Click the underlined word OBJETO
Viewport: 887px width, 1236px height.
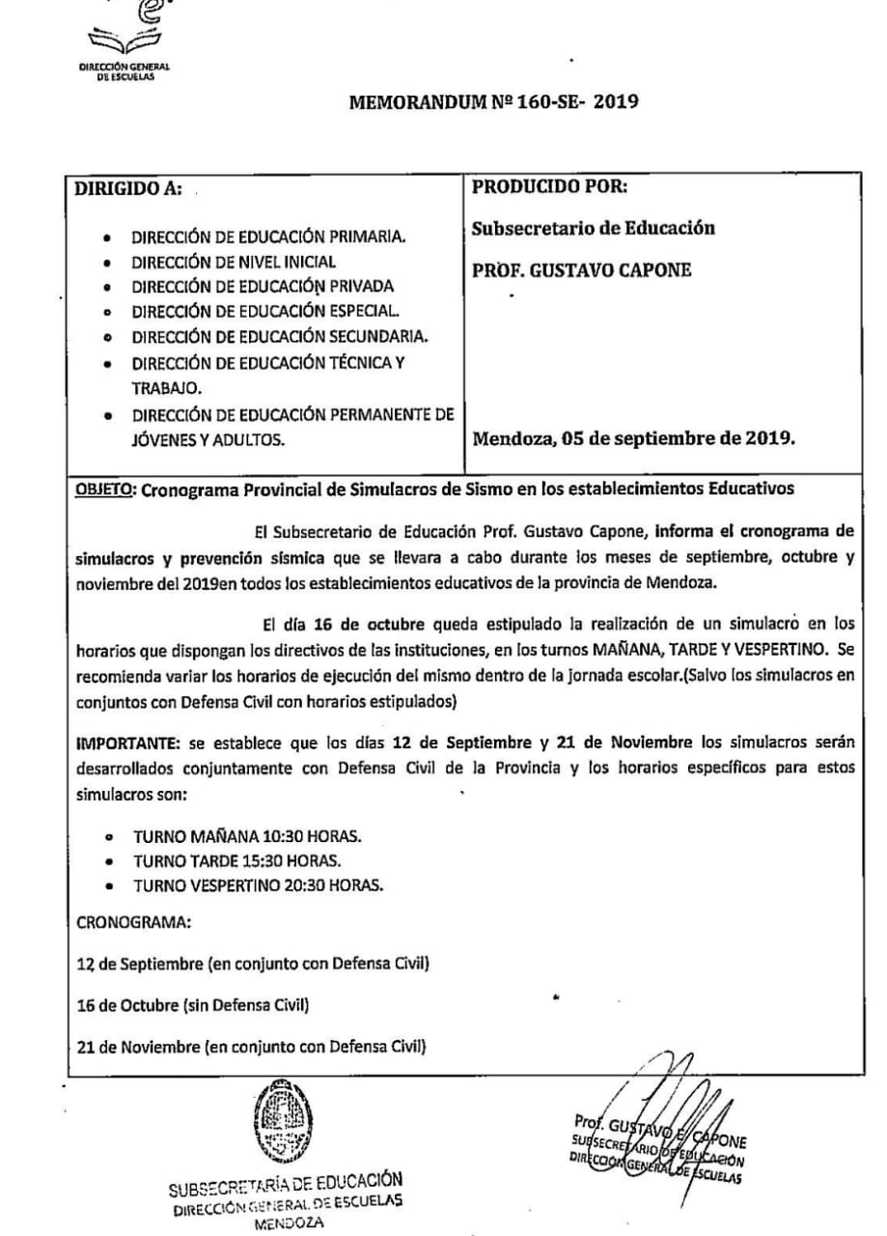(105, 489)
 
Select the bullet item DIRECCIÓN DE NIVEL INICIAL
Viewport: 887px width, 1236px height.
(235, 262)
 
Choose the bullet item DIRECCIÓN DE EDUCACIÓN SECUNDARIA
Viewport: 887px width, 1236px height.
(281, 337)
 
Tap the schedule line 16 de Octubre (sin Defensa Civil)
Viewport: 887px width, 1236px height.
(193, 1006)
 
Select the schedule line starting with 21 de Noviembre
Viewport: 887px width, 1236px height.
(253, 1047)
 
